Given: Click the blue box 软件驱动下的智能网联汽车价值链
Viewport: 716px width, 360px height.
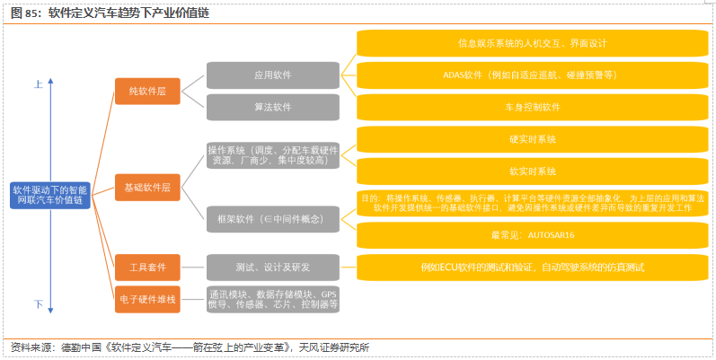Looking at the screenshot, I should (51, 196).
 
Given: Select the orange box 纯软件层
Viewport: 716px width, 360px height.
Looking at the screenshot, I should (147, 92).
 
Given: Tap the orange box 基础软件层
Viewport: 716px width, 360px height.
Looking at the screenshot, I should (147, 188).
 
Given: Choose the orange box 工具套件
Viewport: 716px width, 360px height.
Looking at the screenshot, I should (147, 268).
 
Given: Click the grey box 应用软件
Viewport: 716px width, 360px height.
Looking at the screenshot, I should (272, 75).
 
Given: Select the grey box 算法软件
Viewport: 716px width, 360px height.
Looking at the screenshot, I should (272, 107).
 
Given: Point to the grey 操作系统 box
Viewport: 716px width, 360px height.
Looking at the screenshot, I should (272, 155).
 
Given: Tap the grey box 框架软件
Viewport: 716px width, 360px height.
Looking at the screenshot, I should (272, 219).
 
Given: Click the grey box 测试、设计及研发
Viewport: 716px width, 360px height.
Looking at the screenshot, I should (272, 268).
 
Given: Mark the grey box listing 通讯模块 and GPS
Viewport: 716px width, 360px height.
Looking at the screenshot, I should (272, 299).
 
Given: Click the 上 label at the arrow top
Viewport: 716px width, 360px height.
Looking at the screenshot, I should (39, 84).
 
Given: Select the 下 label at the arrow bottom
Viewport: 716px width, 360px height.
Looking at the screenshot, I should (39, 304).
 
